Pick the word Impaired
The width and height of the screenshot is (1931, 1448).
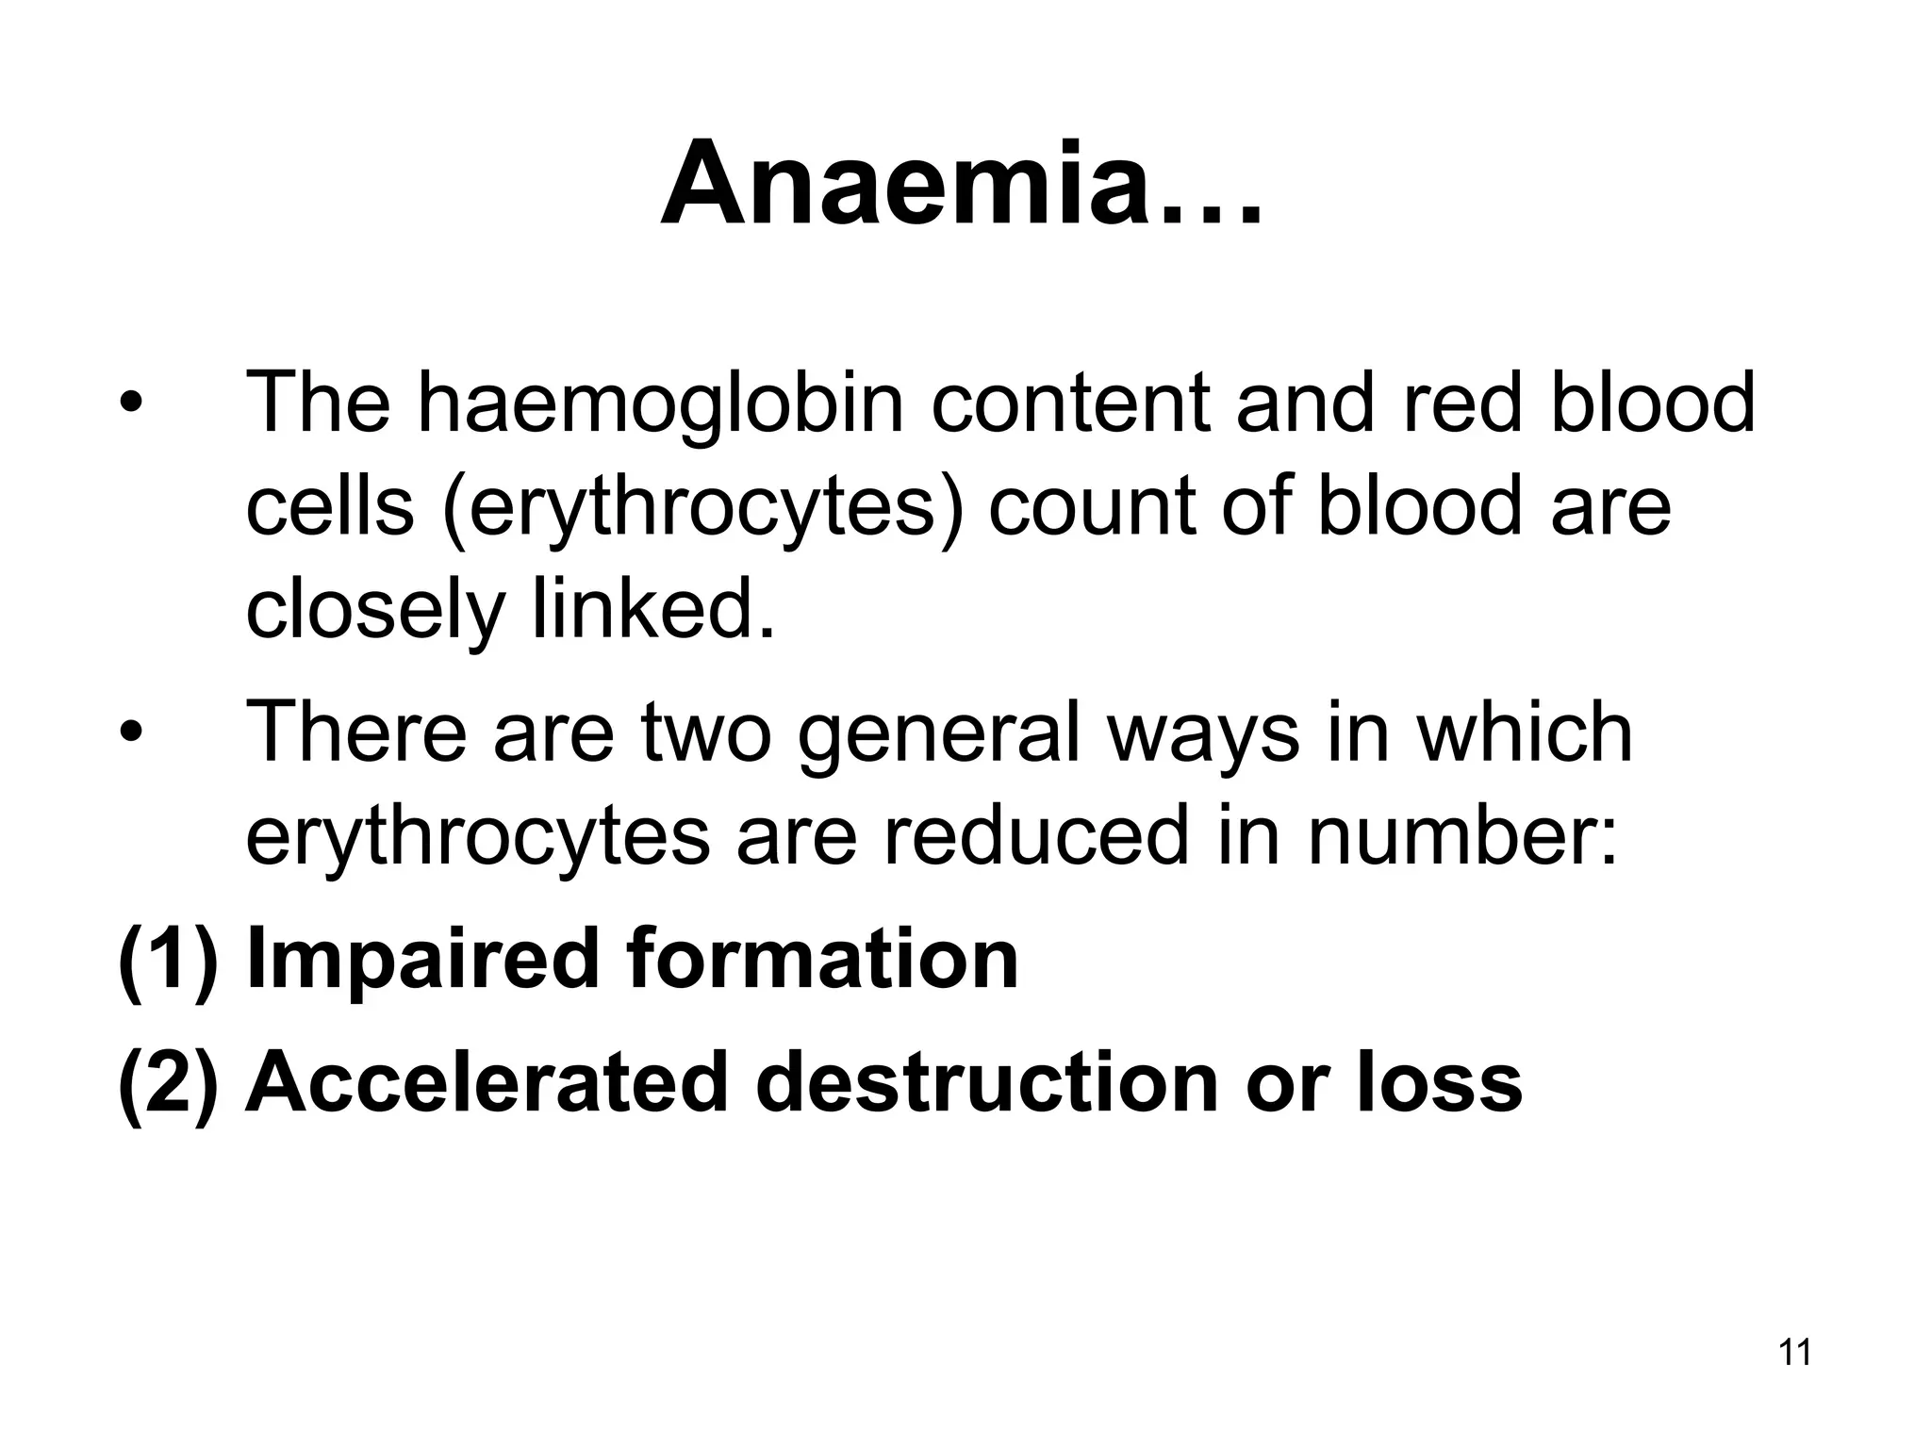click(421, 959)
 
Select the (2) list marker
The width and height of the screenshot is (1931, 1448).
click(168, 1084)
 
